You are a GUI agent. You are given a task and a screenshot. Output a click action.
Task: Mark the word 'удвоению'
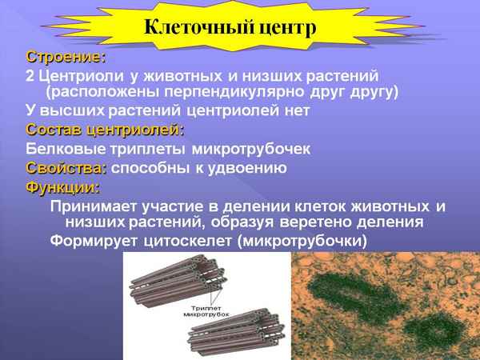click(x=248, y=168)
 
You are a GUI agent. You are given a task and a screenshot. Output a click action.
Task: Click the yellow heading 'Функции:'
click(x=63, y=188)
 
